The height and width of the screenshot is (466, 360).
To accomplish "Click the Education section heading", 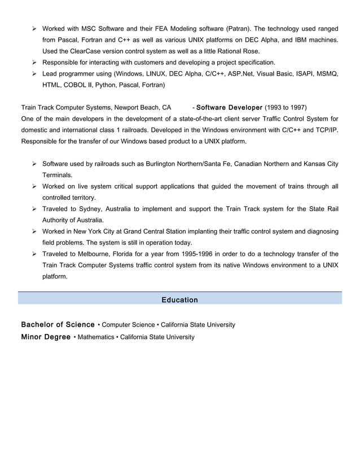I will coord(179,300).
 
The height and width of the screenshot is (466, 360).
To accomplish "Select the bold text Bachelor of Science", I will coord(58,324).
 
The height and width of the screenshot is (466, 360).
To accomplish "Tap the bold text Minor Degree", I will coord(46,337).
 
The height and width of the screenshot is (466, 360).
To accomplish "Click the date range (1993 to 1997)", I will coord(286,107).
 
